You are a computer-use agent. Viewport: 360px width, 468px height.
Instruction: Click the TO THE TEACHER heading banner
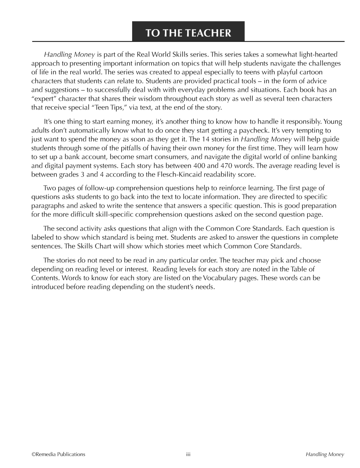tap(188, 33)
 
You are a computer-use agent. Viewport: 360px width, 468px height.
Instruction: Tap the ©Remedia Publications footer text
tap(58, 454)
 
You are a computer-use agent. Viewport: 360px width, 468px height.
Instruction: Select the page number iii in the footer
tap(188, 454)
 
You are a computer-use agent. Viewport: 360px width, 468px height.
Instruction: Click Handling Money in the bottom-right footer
tap(325, 454)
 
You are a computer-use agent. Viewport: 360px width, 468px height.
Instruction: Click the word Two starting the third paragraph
tap(49, 188)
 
